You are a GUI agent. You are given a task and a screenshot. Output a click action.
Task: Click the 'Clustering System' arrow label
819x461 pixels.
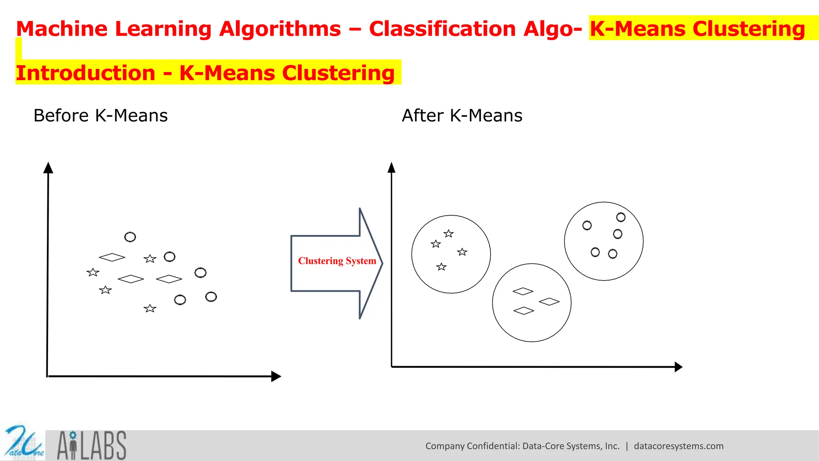(337, 261)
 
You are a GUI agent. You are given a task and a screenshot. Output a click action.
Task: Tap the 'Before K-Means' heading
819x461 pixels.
(100, 116)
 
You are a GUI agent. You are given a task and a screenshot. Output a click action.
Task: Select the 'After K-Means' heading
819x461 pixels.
(462, 116)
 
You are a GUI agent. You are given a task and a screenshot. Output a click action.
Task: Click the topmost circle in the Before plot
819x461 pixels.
(130, 237)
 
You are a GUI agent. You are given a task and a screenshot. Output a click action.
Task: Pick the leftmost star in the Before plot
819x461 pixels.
(93, 273)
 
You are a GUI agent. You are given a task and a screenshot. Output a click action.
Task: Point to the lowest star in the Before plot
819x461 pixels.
(150, 308)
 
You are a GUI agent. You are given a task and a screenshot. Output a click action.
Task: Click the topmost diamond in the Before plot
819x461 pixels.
(112, 257)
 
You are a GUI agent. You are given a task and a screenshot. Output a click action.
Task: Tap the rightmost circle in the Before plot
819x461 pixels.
(211, 297)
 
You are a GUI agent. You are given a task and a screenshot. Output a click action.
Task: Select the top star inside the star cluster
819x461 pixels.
(449, 233)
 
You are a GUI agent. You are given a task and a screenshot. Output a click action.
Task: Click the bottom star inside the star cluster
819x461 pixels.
(441, 267)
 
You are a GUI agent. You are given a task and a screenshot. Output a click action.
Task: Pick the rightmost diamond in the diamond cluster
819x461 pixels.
(549, 301)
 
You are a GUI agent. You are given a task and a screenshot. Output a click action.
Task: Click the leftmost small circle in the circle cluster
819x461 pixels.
(587, 226)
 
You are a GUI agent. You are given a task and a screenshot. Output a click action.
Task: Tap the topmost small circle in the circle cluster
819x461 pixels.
(621, 217)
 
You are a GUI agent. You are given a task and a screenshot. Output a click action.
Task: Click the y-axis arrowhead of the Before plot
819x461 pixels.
(48, 168)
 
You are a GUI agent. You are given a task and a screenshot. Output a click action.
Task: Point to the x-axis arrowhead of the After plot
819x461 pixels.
(678, 367)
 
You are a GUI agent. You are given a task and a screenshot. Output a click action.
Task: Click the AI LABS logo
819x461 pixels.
(92, 445)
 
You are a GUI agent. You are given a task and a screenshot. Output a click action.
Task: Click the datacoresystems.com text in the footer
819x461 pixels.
(679, 446)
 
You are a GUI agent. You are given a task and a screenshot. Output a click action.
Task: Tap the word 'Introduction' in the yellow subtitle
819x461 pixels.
(86, 73)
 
